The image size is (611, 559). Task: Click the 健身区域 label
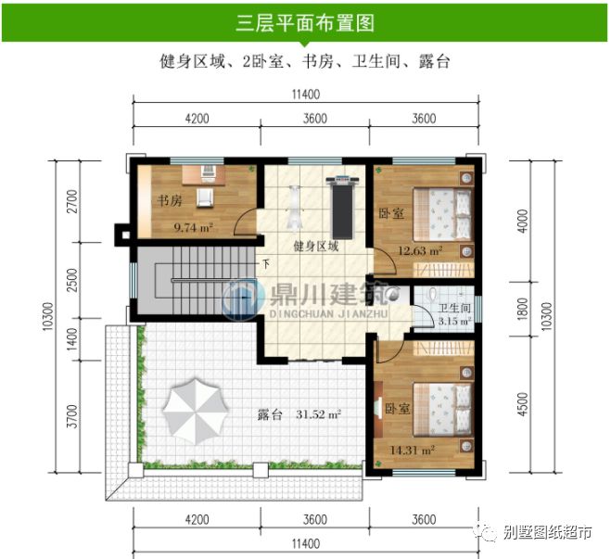coord(315,247)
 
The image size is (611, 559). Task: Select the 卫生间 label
coord(455,309)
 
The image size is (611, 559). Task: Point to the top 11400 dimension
coord(304,93)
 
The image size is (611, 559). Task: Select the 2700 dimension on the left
coord(72,201)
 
